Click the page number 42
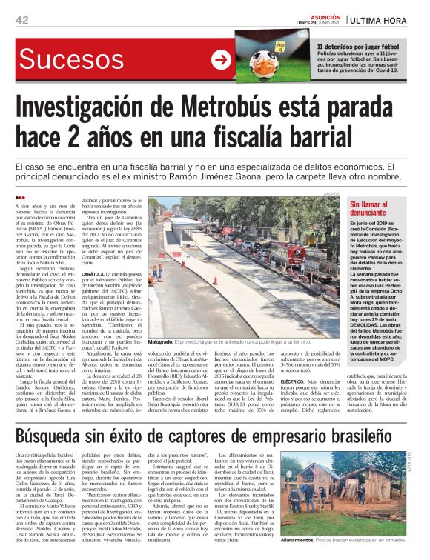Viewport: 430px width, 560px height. pyautogui.click(x=21, y=20)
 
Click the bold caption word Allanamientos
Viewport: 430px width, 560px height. pyautogui.click(x=300, y=541)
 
